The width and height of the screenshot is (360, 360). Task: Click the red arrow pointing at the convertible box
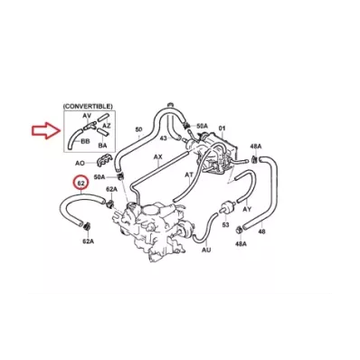pos(46,130)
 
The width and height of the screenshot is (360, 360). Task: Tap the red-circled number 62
pos(81,183)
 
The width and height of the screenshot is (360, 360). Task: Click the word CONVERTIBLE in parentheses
pos(88,107)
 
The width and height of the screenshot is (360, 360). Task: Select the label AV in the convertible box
pos(87,116)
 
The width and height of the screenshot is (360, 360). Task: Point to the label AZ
pos(107,125)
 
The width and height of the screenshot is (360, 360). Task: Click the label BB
pos(85,141)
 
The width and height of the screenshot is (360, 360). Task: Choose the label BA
pos(102,146)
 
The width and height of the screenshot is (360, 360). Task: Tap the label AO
pos(80,163)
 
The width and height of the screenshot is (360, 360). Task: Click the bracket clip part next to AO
pos(104,161)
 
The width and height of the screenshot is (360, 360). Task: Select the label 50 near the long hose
pos(138,129)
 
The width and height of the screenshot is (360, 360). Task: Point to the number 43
pos(163,137)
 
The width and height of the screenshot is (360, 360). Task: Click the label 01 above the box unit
pos(222,128)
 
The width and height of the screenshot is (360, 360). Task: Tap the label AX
pos(158,157)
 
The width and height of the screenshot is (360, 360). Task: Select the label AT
pos(189,175)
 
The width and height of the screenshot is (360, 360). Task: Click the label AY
pos(247,209)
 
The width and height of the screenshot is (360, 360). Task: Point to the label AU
pos(206,250)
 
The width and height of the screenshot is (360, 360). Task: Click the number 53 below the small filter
pos(225,224)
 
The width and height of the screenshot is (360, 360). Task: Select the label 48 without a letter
pos(262,232)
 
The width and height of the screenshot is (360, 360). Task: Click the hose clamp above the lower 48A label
pos(239,230)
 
